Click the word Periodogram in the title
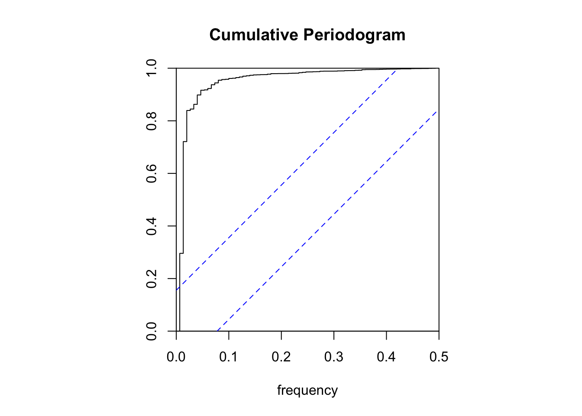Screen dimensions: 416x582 (x=354, y=35)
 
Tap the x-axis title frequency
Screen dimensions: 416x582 (x=307, y=390)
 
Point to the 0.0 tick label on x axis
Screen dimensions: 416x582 (x=176, y=357)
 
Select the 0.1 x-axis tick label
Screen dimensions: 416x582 (x=229, y=357)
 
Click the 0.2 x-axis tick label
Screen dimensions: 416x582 (x=281, y=357)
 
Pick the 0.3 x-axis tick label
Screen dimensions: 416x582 (x=334, y=357)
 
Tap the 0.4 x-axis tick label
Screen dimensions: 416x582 (x=386, y=357)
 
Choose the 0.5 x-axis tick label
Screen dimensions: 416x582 (x=439, y=357)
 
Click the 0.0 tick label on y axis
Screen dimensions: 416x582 (x=152, y=331)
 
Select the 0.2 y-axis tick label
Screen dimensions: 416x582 (x=152, y=279)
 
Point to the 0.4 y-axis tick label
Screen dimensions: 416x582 (x=152, y=226)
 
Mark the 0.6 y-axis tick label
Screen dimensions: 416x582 (x=152, y=173)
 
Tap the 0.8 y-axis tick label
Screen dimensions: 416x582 (x=152, y=121)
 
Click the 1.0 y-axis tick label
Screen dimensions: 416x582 (x=152, y=68)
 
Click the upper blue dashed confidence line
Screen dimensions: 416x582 (x=286, y=179)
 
